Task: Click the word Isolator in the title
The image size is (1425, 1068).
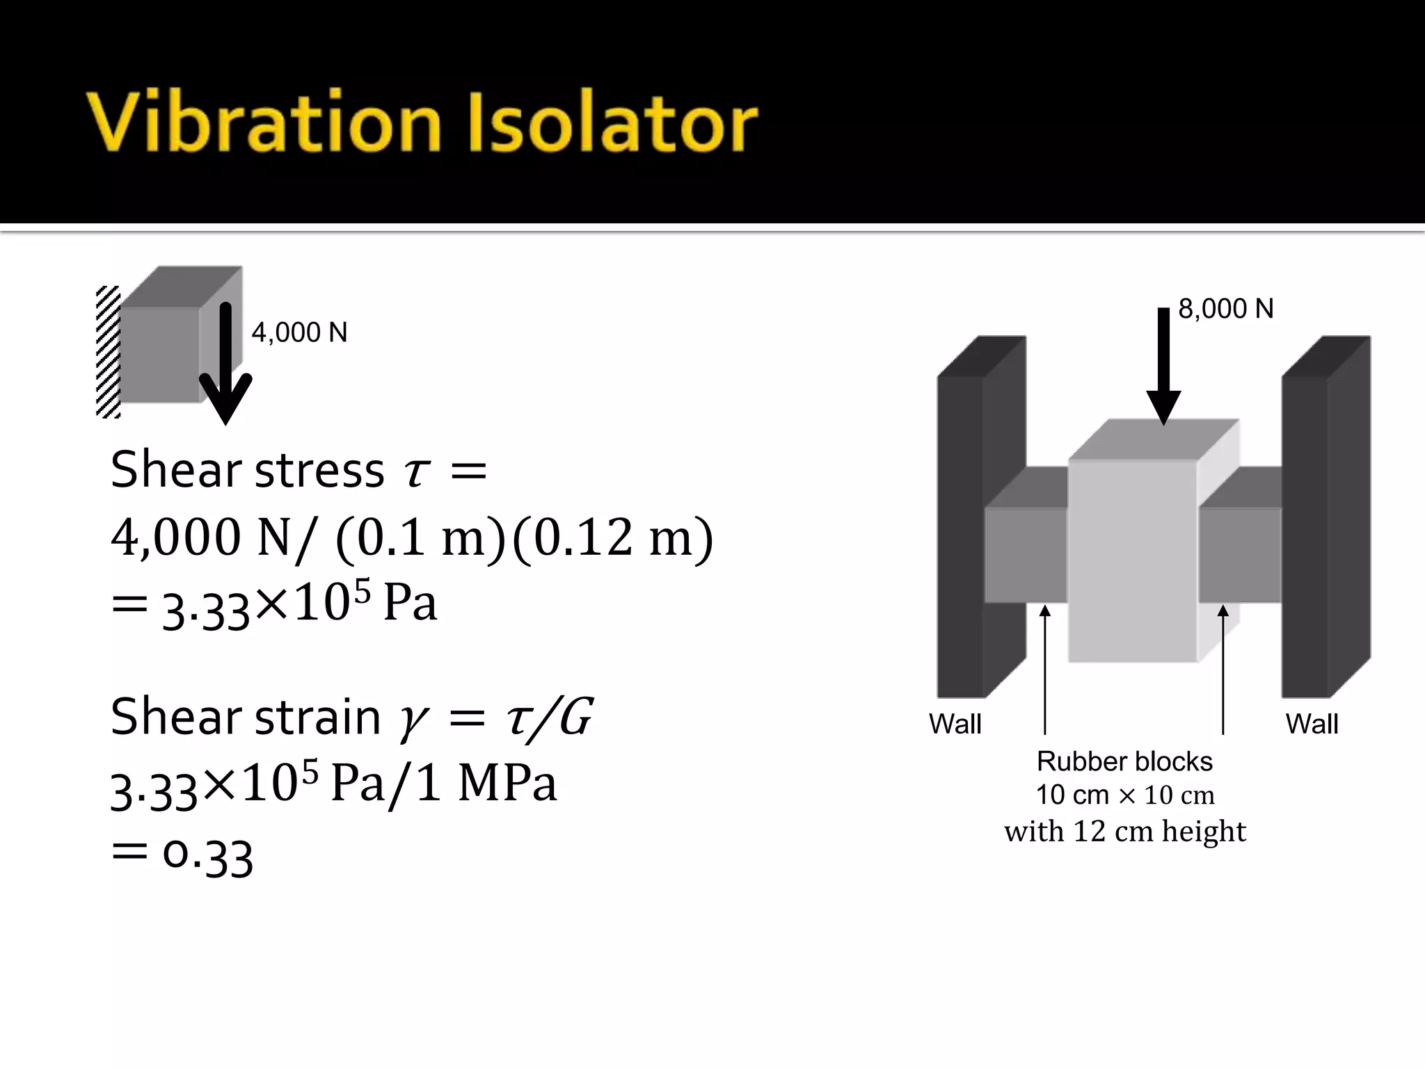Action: [x=614, y=122]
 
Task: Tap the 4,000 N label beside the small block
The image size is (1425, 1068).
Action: [x=299, y=333]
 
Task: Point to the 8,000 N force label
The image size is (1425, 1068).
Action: [x=1225, y=309]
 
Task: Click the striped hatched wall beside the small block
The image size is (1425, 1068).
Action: [x=108, y=352]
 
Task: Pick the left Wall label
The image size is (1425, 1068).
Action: [x=955, y=725]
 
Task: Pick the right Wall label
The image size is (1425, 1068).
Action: [x=1312, y=725]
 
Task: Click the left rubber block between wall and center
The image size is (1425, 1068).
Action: [x=1026, y=554]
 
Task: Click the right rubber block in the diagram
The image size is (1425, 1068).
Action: [x=1239, y=554]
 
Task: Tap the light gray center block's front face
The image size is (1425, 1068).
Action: [x=1132, y=560]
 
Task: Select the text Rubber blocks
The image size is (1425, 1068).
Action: [x=1124, y=761]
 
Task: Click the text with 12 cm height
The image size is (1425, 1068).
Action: [x=1124, y=832]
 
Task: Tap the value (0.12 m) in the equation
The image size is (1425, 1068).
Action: [x=612, y=538]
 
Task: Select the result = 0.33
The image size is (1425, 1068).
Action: [x=182, y=855]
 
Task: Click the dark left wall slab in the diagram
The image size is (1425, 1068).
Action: [x=960, y=535]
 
